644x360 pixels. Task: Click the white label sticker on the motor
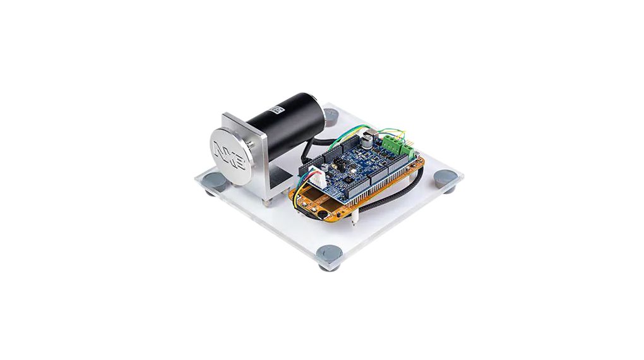pos(276,110)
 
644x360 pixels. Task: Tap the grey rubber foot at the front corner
pos(329,255)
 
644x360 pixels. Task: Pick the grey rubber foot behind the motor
pos(331,115)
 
